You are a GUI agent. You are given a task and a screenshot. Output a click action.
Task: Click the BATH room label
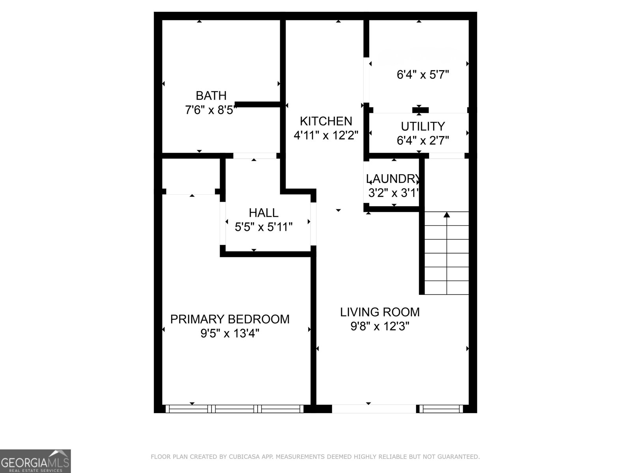(x=211, y=96)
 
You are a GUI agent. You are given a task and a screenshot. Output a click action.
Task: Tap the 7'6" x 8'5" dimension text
(x=211, y=110)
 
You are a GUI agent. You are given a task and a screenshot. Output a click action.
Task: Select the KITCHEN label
(x=326, y=121)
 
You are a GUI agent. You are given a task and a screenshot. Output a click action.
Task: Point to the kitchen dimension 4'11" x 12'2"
(x=326, y=136)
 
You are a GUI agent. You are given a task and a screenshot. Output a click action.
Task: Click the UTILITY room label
(x=423, y=127)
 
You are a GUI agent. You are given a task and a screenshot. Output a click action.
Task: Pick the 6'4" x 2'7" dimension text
(x=423, y=140)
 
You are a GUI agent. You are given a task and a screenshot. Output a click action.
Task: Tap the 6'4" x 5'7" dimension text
(x=423, y=75)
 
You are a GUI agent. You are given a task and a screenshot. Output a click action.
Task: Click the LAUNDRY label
(x=392, y=179)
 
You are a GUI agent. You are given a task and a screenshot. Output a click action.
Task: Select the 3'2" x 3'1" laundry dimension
(x=393, y=193)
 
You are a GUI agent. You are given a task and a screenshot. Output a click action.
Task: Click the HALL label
(x=263, y=213)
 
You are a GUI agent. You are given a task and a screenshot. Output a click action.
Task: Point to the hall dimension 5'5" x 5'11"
(x=263, y=227)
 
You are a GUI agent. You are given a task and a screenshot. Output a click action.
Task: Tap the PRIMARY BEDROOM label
(x=230, y=319)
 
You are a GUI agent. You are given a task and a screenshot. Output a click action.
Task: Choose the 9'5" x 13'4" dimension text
(x=230, y=334)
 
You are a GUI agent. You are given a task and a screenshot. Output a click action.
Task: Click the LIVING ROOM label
(x=380, y=312)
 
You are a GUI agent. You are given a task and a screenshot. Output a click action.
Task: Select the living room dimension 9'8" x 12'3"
(x=380, y=326)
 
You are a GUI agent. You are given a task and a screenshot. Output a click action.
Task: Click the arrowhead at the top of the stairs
(x=447, y=215)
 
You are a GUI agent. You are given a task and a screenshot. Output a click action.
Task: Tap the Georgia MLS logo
(x=35, y=461)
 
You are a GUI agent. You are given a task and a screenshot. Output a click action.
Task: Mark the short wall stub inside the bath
(x=258, y=104)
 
